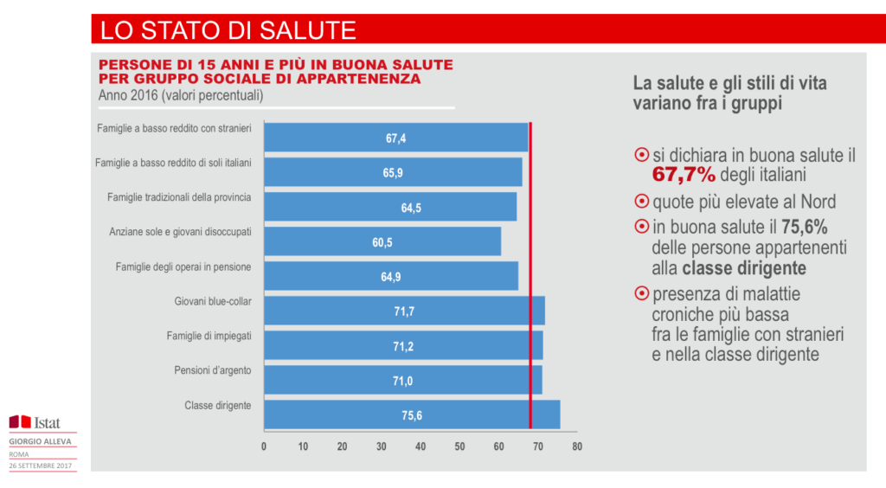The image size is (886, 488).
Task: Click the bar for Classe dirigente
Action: click(411, 414)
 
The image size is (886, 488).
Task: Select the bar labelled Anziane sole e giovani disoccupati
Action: click(382, 241)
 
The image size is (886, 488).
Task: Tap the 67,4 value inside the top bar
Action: click(395, 138)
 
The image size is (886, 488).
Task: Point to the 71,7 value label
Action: click(404, 311)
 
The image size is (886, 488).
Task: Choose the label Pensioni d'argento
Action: click(212, 370)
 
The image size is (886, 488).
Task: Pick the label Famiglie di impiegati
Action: click(209, 336)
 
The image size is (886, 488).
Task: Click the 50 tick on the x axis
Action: click(459, 447)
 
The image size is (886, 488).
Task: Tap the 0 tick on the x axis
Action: click(264, 447)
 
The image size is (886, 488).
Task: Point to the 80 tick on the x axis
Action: click(577, 447)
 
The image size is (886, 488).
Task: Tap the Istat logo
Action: click(34, 421)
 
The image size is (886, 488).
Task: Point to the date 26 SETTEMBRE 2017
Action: click(41, 466)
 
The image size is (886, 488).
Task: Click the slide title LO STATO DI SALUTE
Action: click(228, 30)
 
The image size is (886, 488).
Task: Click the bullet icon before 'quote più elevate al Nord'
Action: click(641, 202)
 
